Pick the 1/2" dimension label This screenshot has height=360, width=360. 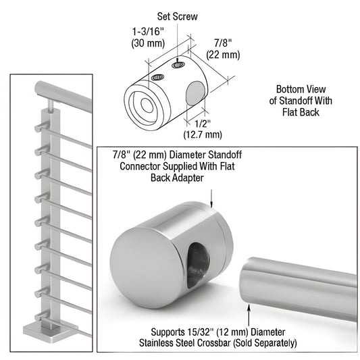tap(202, 123)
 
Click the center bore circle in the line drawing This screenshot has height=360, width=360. tap(145, 104)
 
